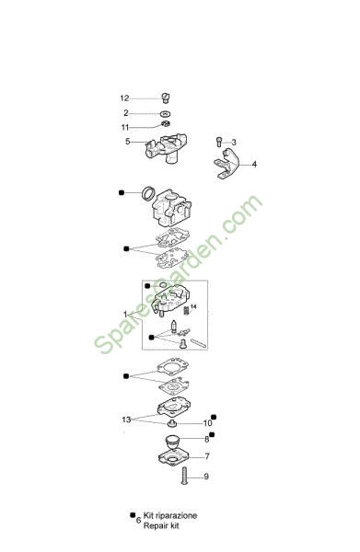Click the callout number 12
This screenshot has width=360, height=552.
[x=124, y=98]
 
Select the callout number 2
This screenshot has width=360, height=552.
[x=126, y=113]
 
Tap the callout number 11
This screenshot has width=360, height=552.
[x=125, y=128]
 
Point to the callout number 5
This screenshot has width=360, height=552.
[x=127, y=142]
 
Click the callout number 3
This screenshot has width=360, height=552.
[x=234, y=143]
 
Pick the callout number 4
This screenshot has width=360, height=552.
[x=254, y=165]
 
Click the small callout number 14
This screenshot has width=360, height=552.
[x=193, y=306]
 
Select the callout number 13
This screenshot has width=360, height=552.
[x=126, y=420]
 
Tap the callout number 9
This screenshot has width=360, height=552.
[x=206, y=477]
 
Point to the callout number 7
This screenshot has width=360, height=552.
[x=207, y=456]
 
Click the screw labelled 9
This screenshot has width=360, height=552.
[x=184, y=476]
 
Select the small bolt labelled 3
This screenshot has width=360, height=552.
[x=219, y=142]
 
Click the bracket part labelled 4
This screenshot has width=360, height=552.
[x=227, y=164]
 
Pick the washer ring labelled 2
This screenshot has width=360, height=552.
[x=165, y=114]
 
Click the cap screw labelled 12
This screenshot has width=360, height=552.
[x=166, y=98]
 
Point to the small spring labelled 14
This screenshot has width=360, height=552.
[x=186, y=311]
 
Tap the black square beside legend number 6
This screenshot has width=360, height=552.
[x=133, y=515]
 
